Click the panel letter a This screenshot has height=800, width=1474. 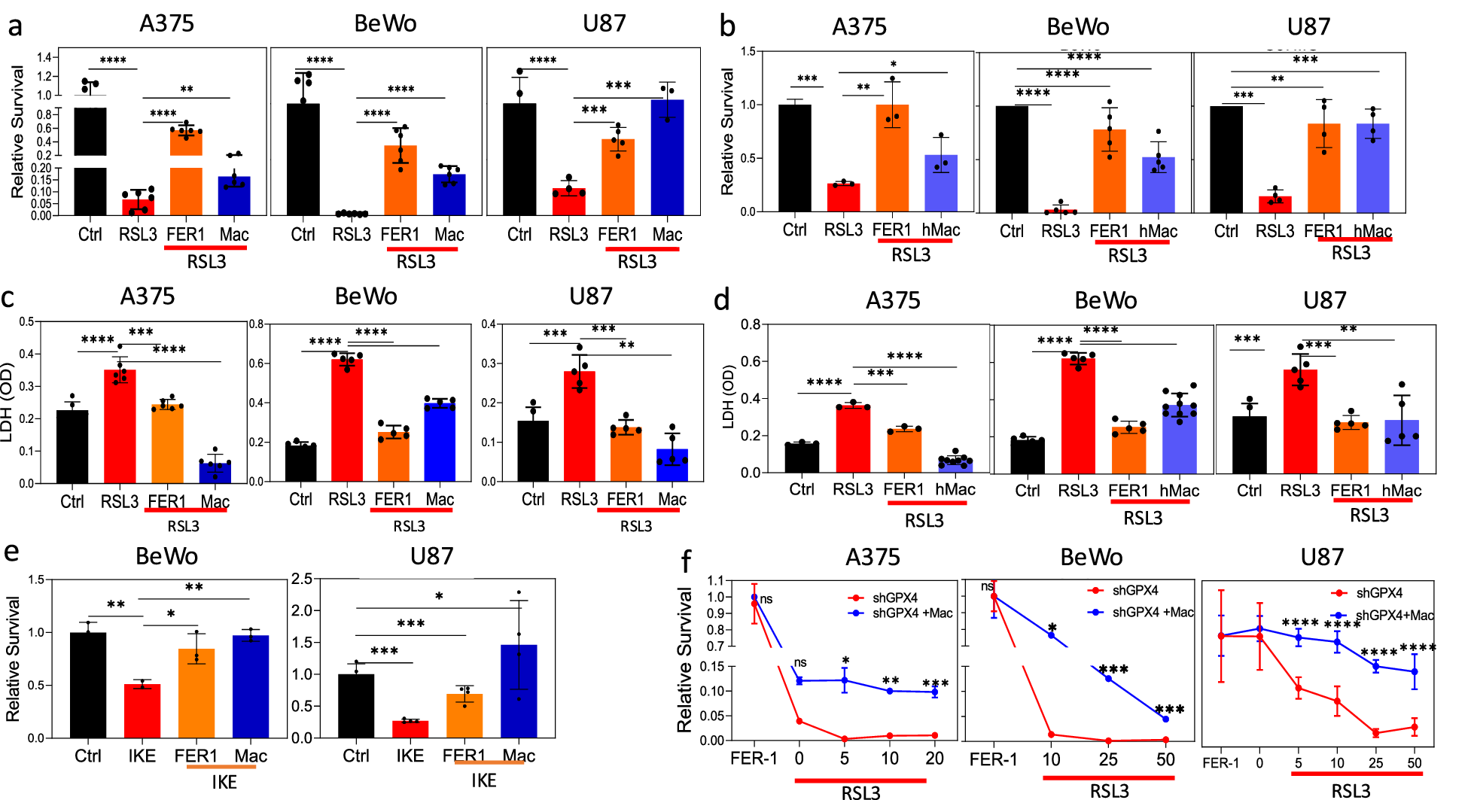pos(14,27)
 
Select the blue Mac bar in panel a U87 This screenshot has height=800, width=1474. pos(667,158)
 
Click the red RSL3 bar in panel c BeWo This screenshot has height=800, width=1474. pos(347,420)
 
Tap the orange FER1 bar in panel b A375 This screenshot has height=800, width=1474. pos(892,158)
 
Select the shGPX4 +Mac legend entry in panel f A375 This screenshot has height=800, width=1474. pos(912,613)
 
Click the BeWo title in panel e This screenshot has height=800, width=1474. pos(166,556)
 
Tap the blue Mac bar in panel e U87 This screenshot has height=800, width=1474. pos(519,691)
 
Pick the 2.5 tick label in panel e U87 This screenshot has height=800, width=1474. pos(302,579)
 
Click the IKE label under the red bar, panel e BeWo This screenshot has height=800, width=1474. pos(142,756)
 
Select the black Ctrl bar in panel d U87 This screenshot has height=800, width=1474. pos(1249,444)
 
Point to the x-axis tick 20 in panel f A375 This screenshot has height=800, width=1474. pos(934,759)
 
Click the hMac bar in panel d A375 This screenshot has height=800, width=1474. pos(955,464)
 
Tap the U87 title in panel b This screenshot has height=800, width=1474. pos(1308,27)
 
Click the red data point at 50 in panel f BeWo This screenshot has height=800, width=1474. pos(1165,740)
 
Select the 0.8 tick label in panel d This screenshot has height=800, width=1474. pos(750,325)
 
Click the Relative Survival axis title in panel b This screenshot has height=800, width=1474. pos(727,132)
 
